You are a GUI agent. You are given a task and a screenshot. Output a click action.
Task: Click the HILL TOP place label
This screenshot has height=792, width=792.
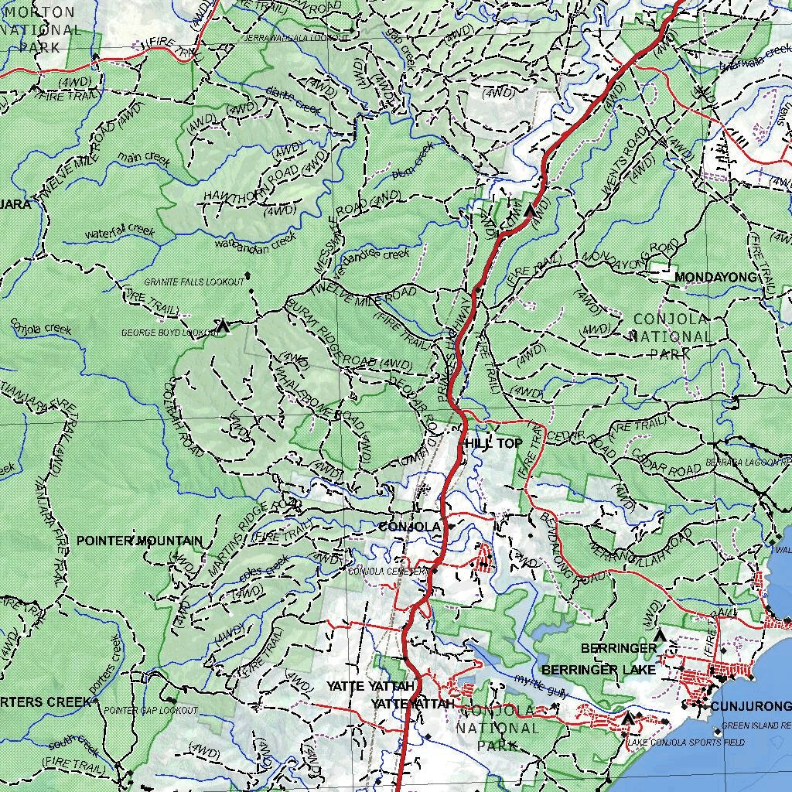click(492, 443)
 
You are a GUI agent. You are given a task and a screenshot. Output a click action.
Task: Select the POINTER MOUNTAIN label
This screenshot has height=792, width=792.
click(139, 541)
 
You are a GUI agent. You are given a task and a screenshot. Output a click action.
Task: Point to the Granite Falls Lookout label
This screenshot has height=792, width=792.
click(193, 282)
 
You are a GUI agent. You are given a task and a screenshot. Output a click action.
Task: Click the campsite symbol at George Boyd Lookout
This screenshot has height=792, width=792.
click(223, 326)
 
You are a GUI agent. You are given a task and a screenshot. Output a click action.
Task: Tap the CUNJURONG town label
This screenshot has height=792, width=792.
click(750, 706)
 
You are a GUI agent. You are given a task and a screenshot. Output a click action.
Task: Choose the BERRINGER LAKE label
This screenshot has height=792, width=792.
click(598, 670)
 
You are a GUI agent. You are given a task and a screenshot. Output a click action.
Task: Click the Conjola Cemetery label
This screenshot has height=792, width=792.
click(387, 572)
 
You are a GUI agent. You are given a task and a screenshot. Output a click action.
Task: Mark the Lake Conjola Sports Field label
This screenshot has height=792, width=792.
click(685, 742)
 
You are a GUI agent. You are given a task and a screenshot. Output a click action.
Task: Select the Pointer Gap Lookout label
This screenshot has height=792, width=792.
click(151, 710)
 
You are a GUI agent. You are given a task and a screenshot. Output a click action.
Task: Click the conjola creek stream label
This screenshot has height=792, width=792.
click(40, 329)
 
